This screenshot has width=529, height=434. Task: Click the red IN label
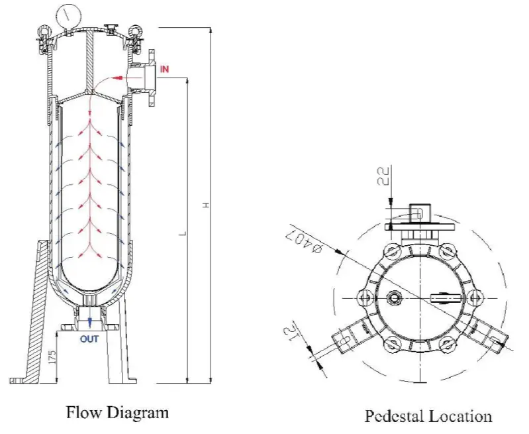165,68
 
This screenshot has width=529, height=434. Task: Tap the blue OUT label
90,340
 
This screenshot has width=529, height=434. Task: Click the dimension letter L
183,233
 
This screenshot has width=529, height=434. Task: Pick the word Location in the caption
462,417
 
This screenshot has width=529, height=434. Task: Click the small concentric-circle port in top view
395,299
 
